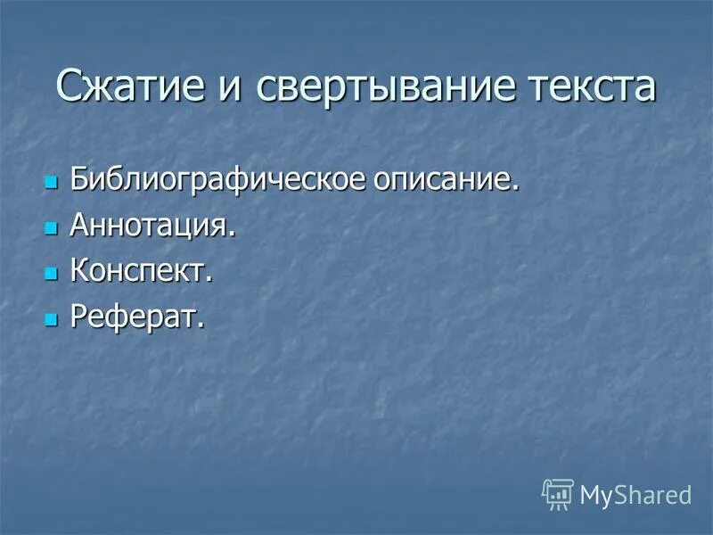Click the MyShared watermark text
[635, 494]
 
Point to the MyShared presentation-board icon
[557, 493]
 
